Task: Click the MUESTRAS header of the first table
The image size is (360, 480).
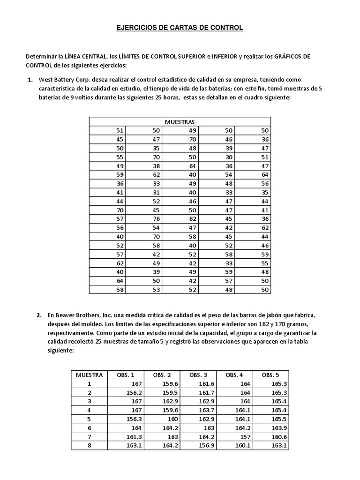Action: pos(180,122)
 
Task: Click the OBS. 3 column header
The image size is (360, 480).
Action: pos(198,375)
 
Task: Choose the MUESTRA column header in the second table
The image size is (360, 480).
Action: pos(89,375)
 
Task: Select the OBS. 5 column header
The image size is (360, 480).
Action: pos(270,375)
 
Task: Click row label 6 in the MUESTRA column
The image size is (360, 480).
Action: pos(89,428)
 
